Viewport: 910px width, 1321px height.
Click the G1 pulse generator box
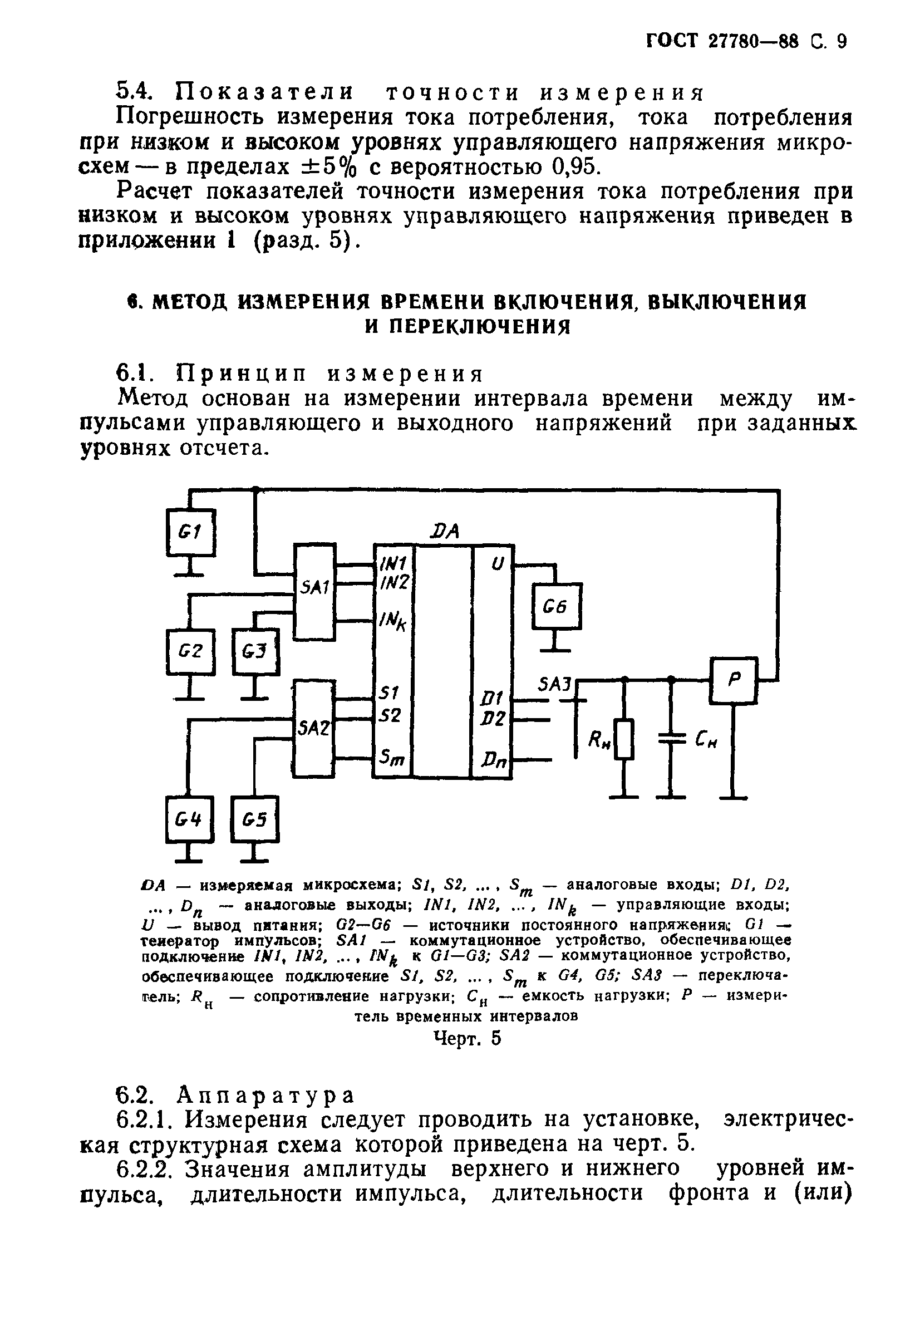pyautogui.click(x=190, y=532)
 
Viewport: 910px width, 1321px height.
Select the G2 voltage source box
pyautogui.click(x=190, y=652)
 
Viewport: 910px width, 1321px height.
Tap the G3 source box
pyautogui.click(x=256, y=651)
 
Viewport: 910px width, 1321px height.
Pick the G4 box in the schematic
pyautogui.click(x=190, y=820)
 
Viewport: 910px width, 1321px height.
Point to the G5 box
pyautogui.click(x=255, y=820)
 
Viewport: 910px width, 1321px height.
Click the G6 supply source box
pyautogui.click(x=557, y=606)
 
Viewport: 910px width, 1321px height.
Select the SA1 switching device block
pyautogui.click(x=314, y=591)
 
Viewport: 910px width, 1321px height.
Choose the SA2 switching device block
pyautogui.click(x=313, y=728)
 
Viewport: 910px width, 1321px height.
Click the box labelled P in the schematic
pyautogui.click(x=734, y=680)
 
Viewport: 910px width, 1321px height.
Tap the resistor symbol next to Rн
pyautogui.click(x=625, y=739)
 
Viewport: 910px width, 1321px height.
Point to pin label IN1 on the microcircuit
pyautogui.click(x=393, y=564)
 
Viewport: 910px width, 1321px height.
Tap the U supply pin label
pyautogui.click(x=498, y=564)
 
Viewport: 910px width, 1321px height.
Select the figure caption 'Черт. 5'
pyautogui.click(x=467, y=1038)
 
